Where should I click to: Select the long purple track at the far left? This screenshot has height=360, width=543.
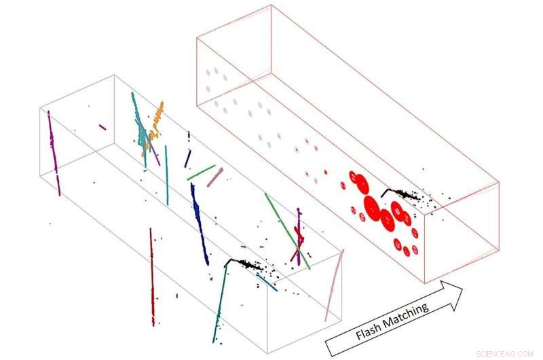[x=54, y=153]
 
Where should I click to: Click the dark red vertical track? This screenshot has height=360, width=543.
[x=152, y=278]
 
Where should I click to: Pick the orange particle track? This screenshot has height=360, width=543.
[x=153, y=126]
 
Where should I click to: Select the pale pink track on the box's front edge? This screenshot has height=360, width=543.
[x=334, y=285]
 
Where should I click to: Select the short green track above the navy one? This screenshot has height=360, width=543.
[x=201, y=173]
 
